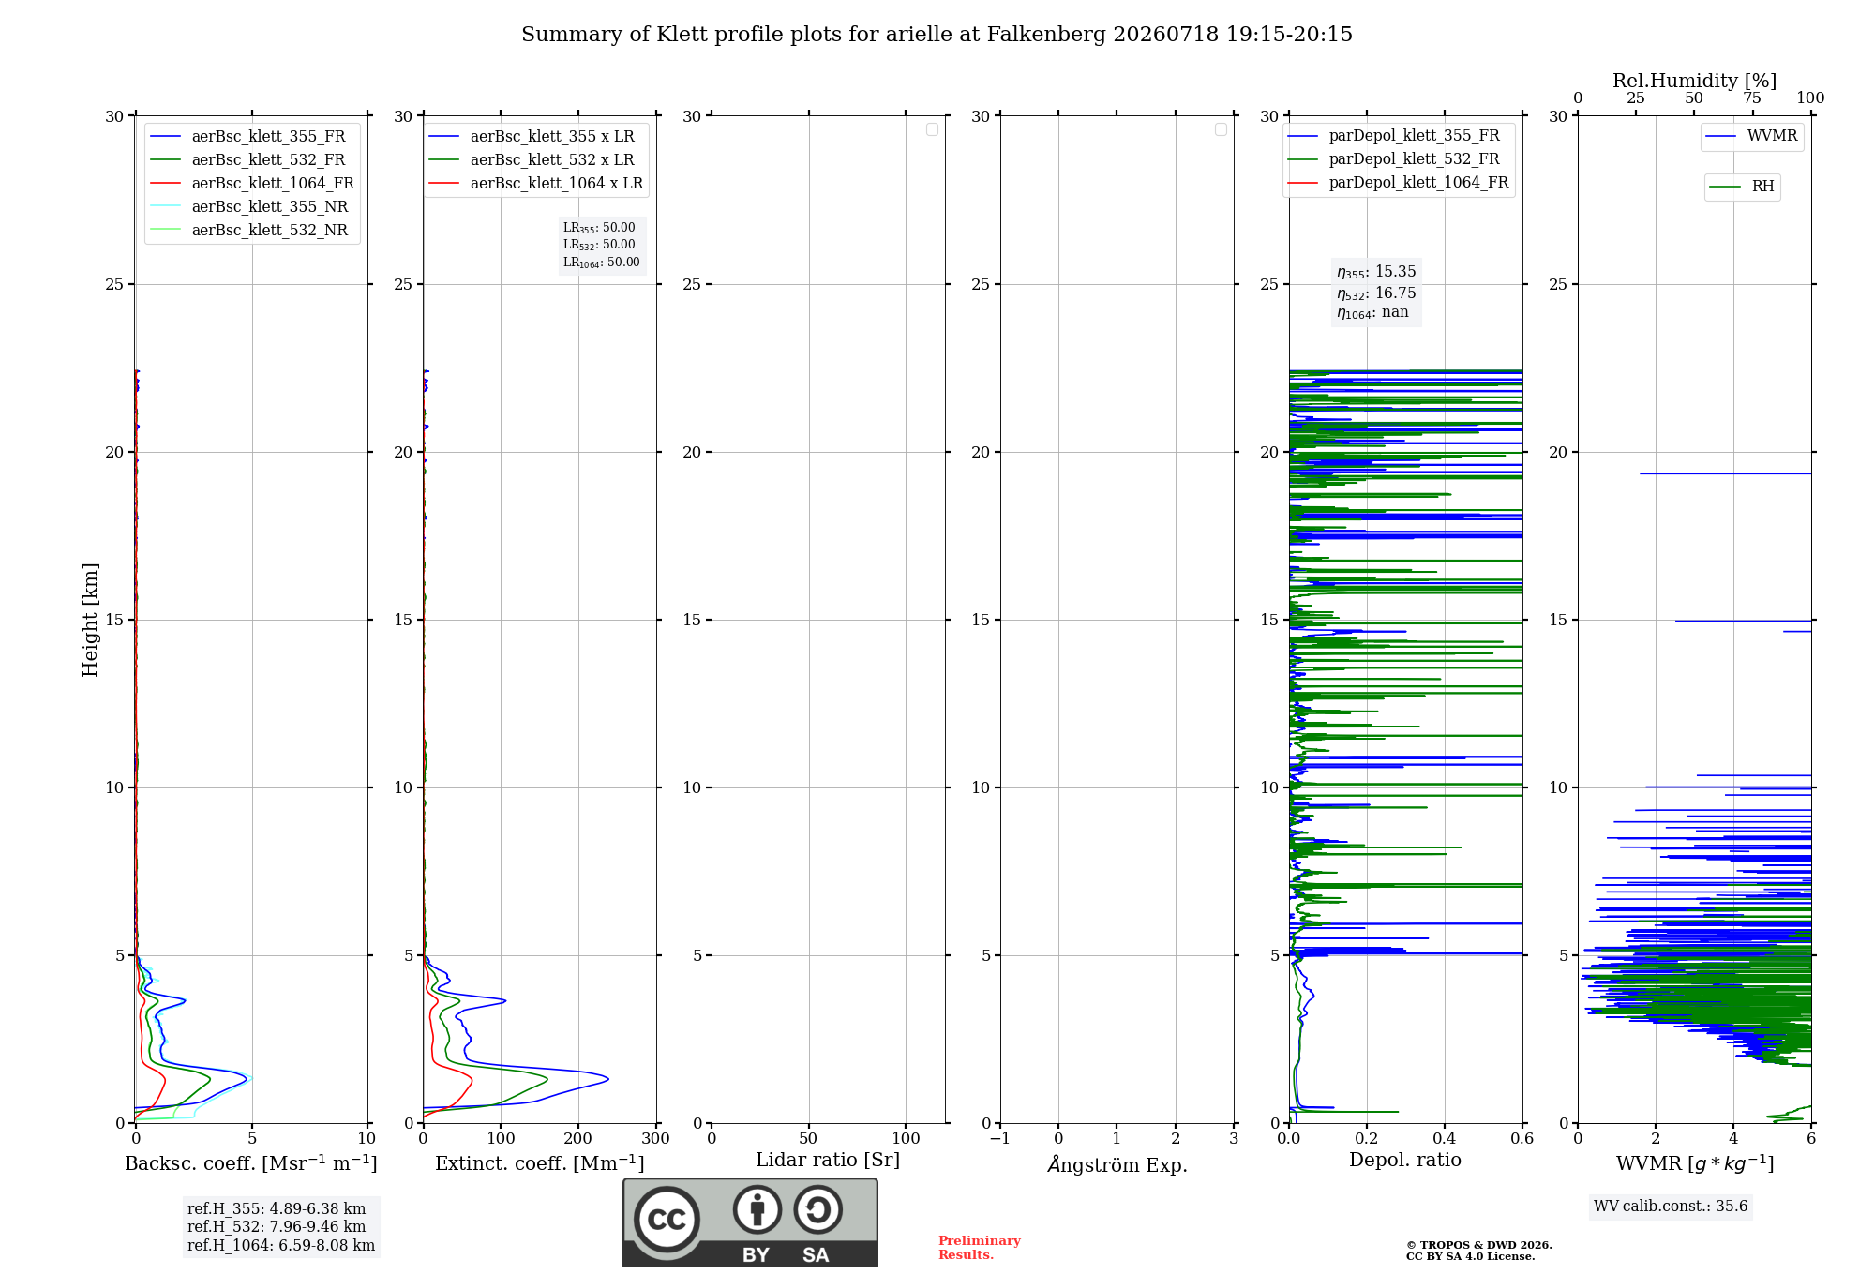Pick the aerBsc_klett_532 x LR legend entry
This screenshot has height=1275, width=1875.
click(532, 159)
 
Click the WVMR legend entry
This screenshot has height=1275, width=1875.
click(1751, 136)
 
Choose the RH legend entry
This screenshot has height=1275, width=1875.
click(1742, 187)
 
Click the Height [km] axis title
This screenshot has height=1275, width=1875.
click(90, 620)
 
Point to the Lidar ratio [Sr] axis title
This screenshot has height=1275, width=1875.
click(828, 1160)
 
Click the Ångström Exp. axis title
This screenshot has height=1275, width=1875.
click(1117, 1163)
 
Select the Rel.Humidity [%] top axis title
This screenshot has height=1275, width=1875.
click(1695, 81)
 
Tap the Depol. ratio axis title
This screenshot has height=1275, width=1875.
click(1405, 1160)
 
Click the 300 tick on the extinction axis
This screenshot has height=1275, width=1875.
click(656, 1138)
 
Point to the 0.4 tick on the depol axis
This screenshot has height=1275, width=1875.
click(1445, 1138)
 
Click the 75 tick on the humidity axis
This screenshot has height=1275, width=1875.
click(1752, 97)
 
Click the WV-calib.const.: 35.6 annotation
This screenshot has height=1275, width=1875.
click(1671, 1206)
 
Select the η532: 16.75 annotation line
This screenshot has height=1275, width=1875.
click(1376, 293)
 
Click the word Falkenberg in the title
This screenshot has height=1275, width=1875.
click(1046, 35)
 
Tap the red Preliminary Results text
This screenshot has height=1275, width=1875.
click(980, 1248)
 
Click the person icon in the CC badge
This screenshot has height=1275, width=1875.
click(757, 1209)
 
